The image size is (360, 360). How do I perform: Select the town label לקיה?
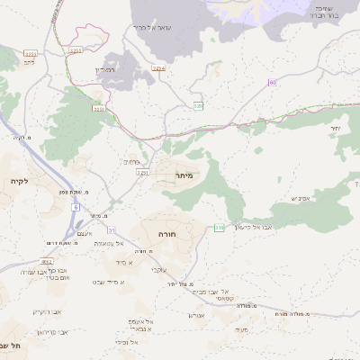[20, 181]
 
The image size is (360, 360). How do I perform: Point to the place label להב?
[30, 63]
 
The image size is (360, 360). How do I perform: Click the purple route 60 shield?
[272, 83]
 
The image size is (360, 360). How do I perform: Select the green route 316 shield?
[219, 227]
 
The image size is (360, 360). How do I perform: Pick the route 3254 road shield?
[159, 67]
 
